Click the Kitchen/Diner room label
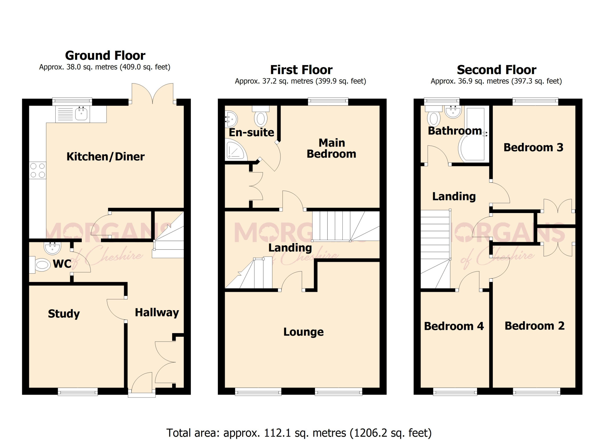106,156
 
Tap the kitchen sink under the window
73,114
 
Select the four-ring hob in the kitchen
38,170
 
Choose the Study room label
64,314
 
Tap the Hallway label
157,312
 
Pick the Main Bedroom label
332,148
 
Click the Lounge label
303,332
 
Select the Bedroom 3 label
533,147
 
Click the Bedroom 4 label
454,326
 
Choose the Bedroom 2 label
535,326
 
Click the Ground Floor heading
105,56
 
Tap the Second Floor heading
496,70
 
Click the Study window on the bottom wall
78,391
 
